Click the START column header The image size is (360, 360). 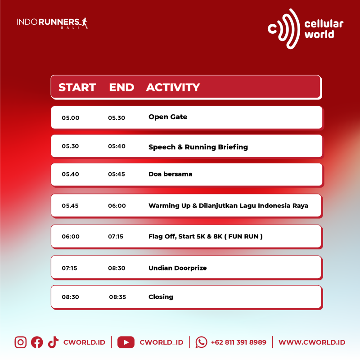(x=77, y=87)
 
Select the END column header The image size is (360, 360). (x=121, y=87)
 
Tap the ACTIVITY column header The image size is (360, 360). (x=173, y=87)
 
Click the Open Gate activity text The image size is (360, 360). (x=168, y=117)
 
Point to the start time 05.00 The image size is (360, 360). (x=71, y=118)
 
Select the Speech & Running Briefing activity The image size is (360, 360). (x=198, y=147)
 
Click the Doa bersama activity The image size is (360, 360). (x=171, y=174)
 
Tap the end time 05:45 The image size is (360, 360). (x=117, y=174)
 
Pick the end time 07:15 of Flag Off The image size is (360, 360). (x=116, y=237)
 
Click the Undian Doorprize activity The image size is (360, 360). (x=178, y=268)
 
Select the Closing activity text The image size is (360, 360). (x=161, y=297)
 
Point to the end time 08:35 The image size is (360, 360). (x=117, y=297)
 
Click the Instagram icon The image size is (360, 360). (x=21, y=342)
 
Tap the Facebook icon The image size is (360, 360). (x=37, y=342)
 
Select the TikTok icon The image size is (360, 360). (x=53, y=342)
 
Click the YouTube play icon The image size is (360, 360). (x=126, y=342)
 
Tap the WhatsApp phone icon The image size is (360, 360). (x=201, y=342)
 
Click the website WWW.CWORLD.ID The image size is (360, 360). (x=312, y=342)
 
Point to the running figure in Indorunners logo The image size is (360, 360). (x=84, y=23)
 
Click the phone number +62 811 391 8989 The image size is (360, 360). (x=238, y=342)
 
